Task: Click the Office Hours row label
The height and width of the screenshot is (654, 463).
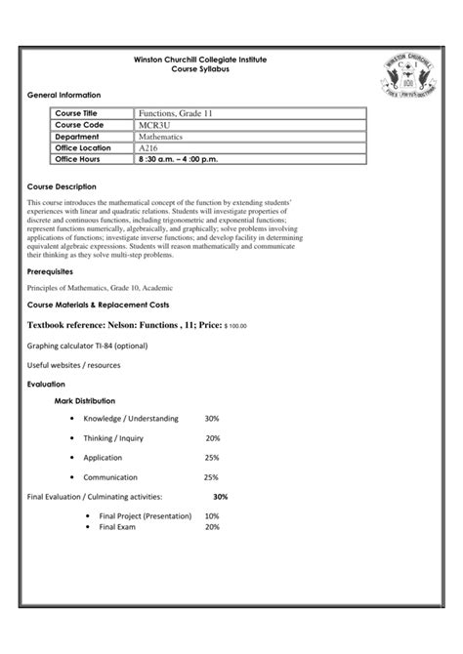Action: coord(80,157)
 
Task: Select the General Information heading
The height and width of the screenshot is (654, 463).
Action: coord(63,95)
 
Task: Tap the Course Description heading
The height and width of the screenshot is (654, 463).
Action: coord(62,185)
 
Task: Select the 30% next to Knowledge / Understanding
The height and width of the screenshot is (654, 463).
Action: coord(212,418)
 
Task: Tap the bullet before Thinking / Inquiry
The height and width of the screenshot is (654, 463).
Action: coord(73,437)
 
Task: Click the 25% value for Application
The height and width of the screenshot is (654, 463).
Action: coord(212,457)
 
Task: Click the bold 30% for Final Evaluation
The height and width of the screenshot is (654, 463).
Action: coord(220,496)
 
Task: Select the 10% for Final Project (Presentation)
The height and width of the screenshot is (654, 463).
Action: coord(212,515)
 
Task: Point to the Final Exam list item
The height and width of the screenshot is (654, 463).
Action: coord(118,526)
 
